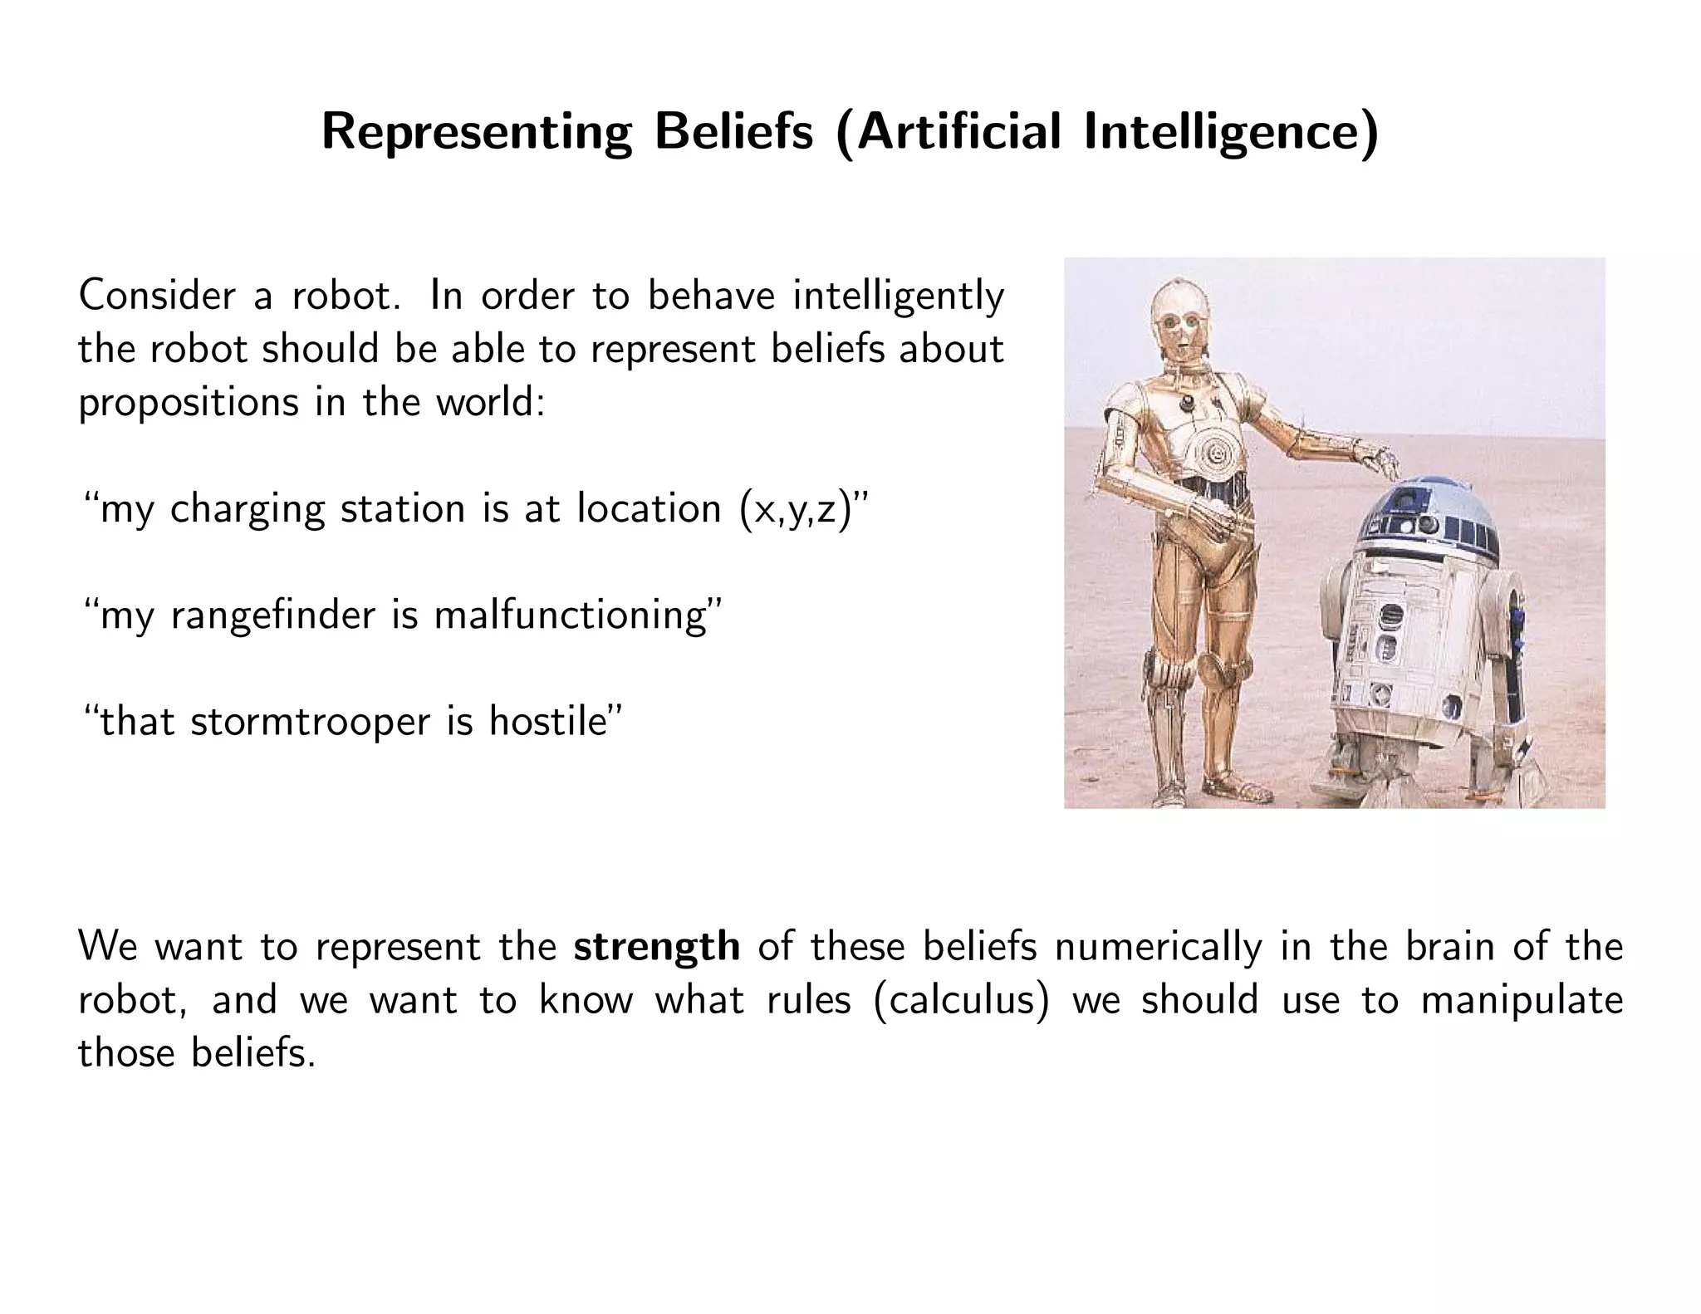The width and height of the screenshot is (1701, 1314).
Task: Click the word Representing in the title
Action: point(476,133)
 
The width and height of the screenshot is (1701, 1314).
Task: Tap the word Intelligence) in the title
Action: point(1231,133)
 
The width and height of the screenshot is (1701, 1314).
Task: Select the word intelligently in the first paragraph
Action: point(899,297)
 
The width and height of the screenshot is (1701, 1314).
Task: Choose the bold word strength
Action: point(656,948)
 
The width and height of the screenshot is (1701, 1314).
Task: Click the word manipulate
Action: point(1522,1001)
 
